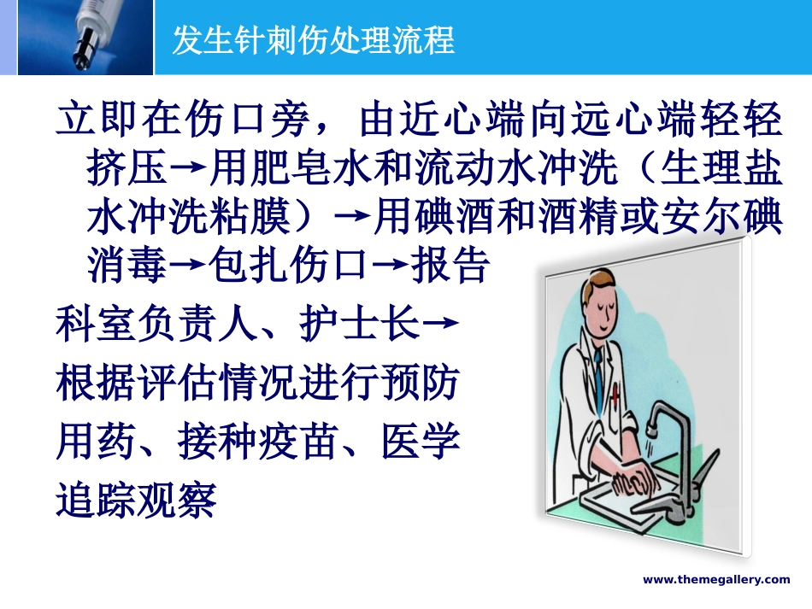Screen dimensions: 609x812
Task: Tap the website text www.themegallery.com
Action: [x=716, y=580]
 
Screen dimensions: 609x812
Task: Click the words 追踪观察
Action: [x=137, y=501]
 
